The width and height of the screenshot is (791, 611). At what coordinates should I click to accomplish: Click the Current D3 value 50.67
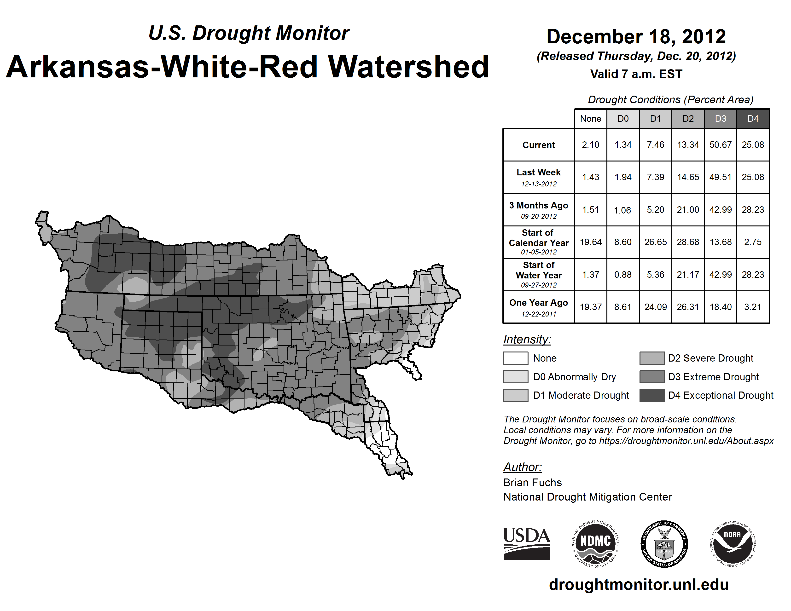(x=720, y=145)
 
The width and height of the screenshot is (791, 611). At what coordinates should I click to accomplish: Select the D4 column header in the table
(x=753, y=119)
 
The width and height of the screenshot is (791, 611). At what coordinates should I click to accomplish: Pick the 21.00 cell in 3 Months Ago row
(x=688, y=210)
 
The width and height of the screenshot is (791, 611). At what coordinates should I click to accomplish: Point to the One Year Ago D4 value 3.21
(x=753, y=307)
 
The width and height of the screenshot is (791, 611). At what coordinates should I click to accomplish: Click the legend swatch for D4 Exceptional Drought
(x=652, y=395)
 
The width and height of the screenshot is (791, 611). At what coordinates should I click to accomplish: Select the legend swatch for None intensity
(x=515, y=358)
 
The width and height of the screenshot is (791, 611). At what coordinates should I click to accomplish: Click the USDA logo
(x=527, y=544)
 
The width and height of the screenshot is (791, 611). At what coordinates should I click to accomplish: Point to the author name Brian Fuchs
(x=532, y=483)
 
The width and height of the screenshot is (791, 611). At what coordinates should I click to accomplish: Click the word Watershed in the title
(x=408, y=67)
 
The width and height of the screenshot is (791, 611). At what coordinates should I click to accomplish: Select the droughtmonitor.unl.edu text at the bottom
(x=639, y=585)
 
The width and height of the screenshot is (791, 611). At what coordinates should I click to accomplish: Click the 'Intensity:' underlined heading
(x=527, y=340)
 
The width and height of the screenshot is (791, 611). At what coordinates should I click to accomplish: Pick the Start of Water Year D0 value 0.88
(x=623, y=275)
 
